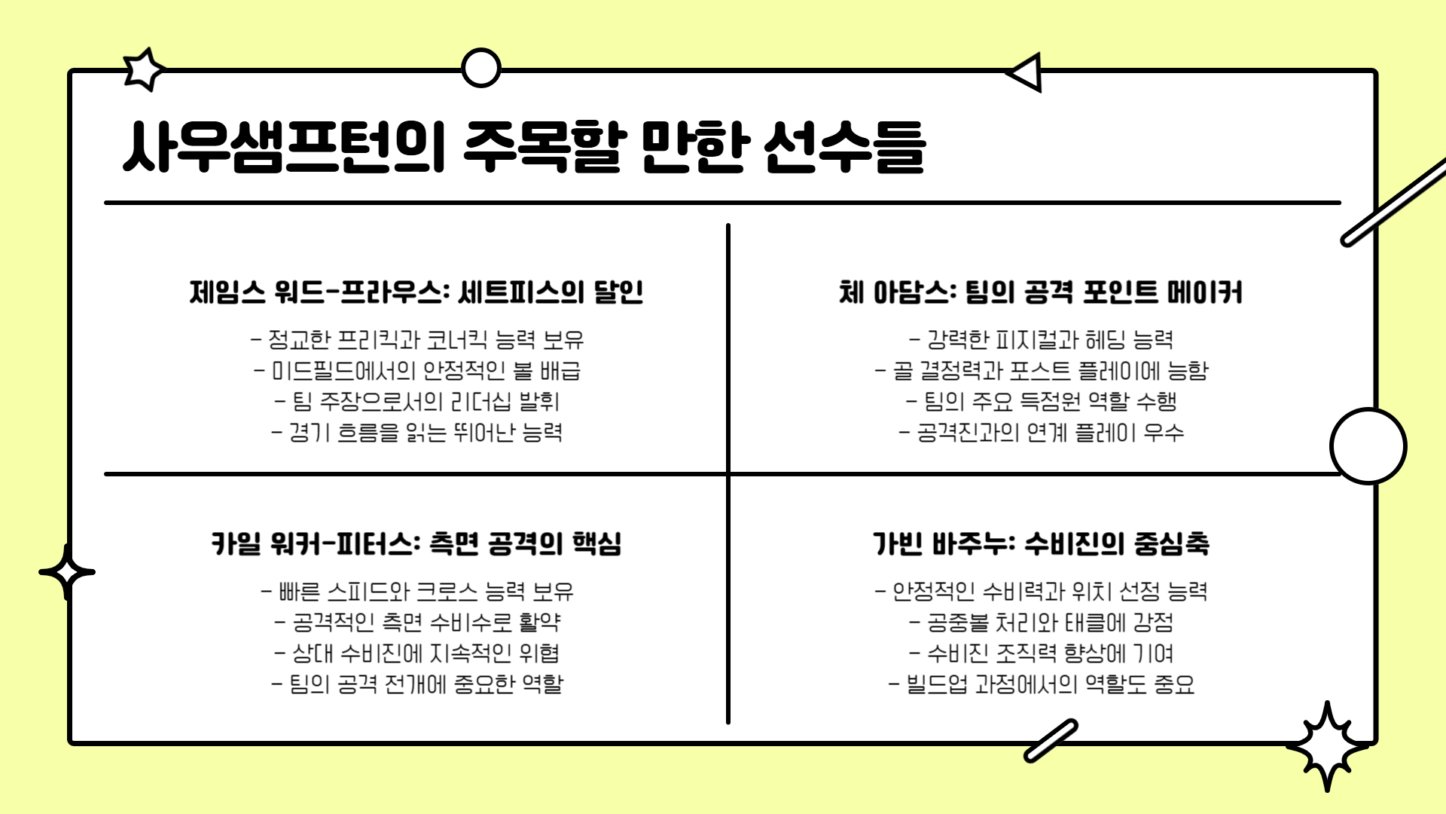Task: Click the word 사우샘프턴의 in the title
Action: point(284,146)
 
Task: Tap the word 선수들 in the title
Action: point(844,146)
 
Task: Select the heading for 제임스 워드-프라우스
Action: point(416,292)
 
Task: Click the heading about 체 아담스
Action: point(1041,292)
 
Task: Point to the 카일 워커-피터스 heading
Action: point(416,543)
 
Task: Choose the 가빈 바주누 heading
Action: point(1041,543)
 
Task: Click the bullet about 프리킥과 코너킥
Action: point(416,340)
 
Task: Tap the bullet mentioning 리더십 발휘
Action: point(416,402)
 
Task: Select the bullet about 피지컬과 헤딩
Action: point(1041,340)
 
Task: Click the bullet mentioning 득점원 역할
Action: point(1041,402)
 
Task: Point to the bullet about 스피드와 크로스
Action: point(416,592)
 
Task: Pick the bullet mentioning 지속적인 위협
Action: point(416,653)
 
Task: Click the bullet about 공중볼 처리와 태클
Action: point(1041,623)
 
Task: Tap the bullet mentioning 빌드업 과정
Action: point(1041,684)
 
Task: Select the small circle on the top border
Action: point(480,68)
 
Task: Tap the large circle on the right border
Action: point(1368,446)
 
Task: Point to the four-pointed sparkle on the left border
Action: point(67,572)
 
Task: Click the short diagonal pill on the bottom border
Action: point(1051,740)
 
